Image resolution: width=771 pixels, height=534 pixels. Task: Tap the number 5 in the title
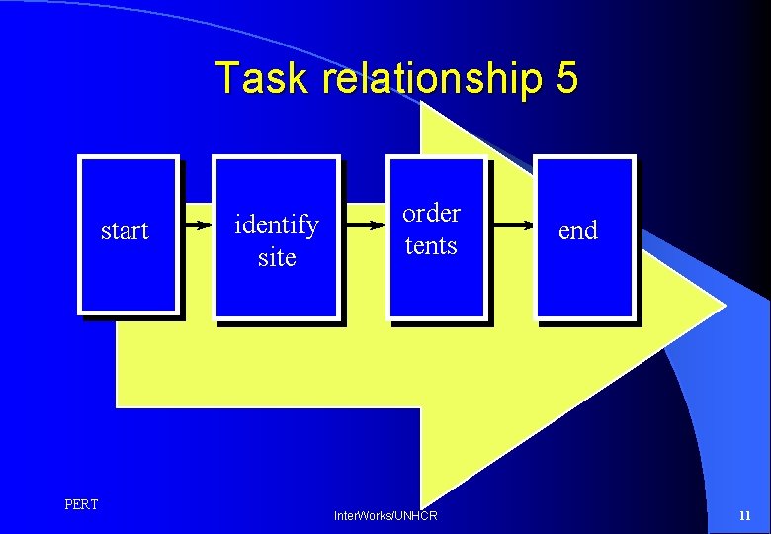click(566, 78)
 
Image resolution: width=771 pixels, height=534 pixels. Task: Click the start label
click(125, 231)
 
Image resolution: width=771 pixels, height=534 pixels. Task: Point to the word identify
click(276, 225)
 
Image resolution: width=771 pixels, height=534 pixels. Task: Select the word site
click(277, 258)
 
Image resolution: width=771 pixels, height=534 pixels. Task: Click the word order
click(431, 213)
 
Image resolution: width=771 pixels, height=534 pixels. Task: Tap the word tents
click(431, 245)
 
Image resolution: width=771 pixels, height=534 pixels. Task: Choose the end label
click(578, 231)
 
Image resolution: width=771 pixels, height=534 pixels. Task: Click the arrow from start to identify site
click(196, 225)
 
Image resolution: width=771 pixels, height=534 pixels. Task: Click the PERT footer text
click(81, 505)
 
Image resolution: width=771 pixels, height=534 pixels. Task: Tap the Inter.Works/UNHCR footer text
click(385, 516)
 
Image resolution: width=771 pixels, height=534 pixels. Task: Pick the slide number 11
click(745, 516)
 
